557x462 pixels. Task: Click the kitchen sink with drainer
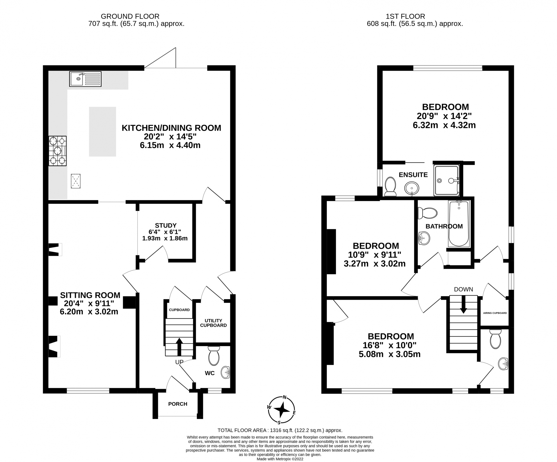85,79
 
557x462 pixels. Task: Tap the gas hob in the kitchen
57,151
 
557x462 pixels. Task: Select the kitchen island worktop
102,132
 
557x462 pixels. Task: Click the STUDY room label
166,225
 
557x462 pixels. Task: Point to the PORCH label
178,404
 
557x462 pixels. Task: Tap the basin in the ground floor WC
225,373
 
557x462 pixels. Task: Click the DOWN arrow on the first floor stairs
464,304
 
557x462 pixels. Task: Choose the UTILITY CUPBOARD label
213,323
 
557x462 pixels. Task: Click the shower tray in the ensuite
447,180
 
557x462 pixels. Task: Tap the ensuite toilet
390,187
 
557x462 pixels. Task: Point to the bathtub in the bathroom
459,223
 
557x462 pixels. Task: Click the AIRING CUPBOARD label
495,313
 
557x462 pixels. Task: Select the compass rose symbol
281,410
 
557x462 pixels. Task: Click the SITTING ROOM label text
90,295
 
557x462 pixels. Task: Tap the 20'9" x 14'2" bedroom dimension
444,116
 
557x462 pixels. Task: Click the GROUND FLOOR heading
130,17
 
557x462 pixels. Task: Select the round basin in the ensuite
412,189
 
